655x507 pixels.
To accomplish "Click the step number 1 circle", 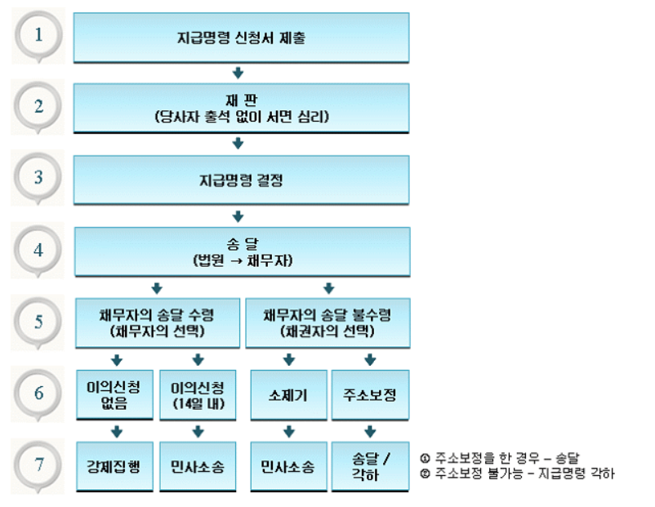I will (38, 36).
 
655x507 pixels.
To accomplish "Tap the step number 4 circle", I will (38, 250).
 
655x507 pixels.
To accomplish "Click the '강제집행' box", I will (114, 466).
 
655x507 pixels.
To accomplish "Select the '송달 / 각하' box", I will (370, 466).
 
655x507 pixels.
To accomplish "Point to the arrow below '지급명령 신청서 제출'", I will (239, 73).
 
